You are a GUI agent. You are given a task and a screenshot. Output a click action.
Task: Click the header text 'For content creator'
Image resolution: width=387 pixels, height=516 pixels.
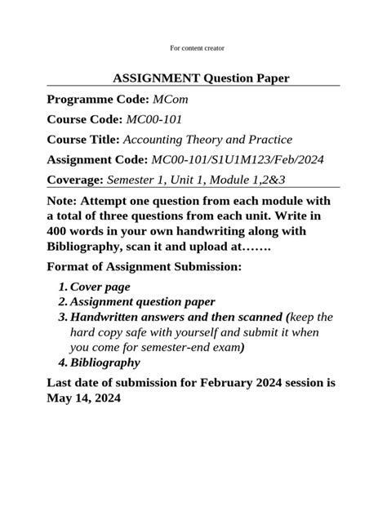193,49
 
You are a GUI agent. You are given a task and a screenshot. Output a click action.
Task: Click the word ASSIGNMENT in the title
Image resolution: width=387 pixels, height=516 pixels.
152,78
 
